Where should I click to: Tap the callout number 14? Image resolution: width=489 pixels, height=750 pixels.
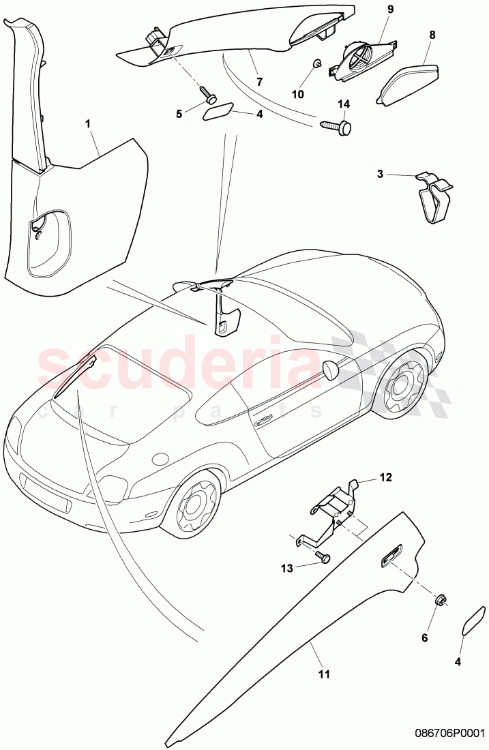[x=343, y=104]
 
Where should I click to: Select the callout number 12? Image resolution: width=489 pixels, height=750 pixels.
[x=386, y=477]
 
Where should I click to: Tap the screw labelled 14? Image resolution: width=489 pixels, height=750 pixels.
[x=338, y=126]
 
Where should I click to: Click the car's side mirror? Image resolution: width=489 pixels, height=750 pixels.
[x=331, y=370]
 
